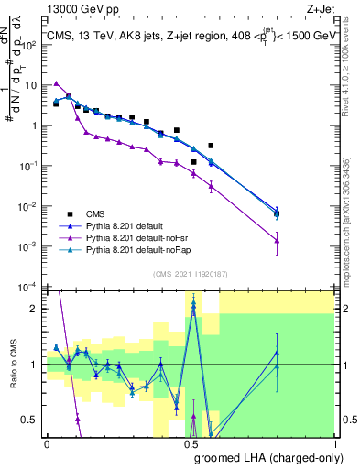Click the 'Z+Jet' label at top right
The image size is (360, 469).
pyautogui.click(x=318, y=9)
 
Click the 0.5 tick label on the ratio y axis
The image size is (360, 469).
pyautogui.click(x=32, y=420)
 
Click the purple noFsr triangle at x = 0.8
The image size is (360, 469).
pyautogui.click(x=277, y=241)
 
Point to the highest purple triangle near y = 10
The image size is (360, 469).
pyautogui.click(x=57, y=83)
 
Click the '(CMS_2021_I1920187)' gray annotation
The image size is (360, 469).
pyautogui.click(x=191, y=273)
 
